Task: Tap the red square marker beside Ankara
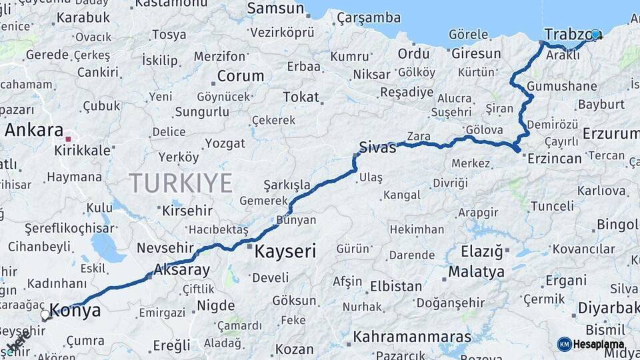pyautogui.click(x=68, y=139)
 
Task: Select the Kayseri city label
pyautogui.click(x=285, y=251)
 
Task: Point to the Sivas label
pyautogui.click(x=377, y=147)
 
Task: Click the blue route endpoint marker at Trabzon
pyautogui.click(x=595, y=34)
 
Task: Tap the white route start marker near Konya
pyautogui.click(x=45, y=314)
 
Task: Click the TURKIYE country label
pyautogui.click(x=181, y=183)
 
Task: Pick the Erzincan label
pyautogui.click(x=555, y=159)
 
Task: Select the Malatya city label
pyautogui.click(x=476, y=272)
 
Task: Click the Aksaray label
pyautogui.click(x=181, y=270)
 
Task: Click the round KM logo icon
pyautogui.click(x=564, y=344)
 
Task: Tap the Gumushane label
pyautogui.click(x=561, y=86)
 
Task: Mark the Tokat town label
pyautogui.click(x=301, y=97)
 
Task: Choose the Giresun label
pyautogui.click(x=476, y=53)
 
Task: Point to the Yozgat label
pyautogui.click(x=225, y=143)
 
